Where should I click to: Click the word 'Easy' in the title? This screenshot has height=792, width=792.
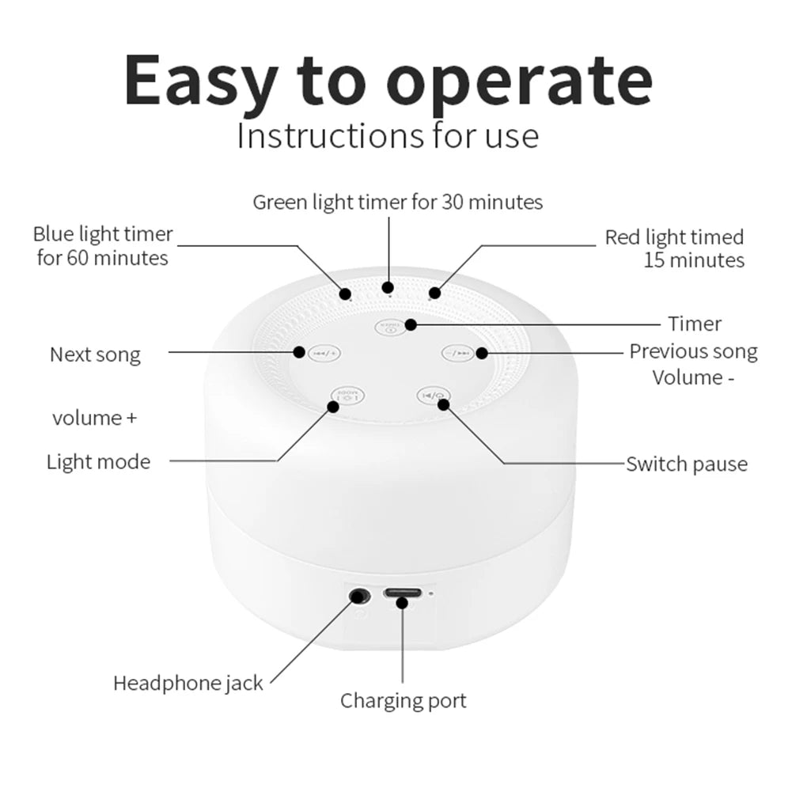coord(202,82)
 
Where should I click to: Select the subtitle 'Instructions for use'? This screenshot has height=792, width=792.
coord(388,135)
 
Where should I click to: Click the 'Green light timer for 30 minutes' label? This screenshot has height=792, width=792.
coord(397,202)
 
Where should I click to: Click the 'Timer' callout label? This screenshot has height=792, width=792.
coord(695,324)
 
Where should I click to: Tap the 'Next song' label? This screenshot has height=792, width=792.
coord(95,354)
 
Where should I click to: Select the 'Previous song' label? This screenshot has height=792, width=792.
coord(693,351)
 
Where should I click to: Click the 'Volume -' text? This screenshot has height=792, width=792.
coord(688,377)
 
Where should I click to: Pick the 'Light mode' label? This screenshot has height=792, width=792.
coord(98,461)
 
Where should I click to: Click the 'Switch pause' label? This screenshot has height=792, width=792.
coord(686,464)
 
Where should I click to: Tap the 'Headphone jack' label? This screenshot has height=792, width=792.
coord(188,683)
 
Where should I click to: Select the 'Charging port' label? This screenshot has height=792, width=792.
coord(403,700)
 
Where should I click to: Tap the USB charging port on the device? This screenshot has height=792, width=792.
coord(402,595)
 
